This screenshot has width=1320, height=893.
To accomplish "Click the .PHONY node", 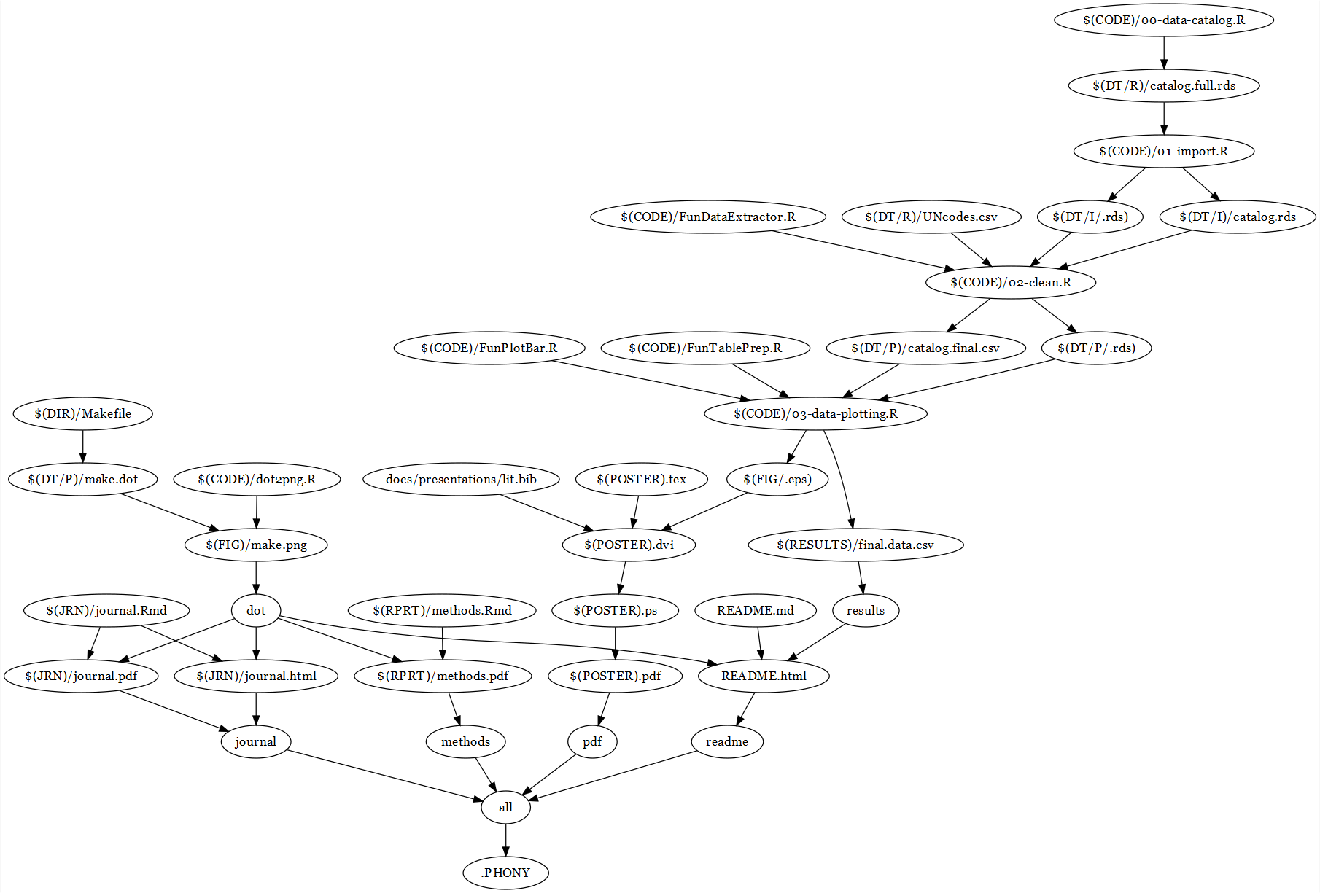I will coord(505,873).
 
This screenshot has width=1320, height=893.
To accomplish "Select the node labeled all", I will coord(505,807).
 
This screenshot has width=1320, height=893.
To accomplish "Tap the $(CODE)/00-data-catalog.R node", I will coord(1163,20).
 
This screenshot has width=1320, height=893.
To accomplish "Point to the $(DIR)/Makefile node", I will coord(82,413).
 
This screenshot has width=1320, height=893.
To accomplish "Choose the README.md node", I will coord(755,610).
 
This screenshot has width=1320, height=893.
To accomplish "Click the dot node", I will coord(256,610).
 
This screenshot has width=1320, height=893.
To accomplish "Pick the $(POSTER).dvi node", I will coord(629,545).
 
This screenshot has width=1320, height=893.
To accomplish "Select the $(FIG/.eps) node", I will coord(777,479).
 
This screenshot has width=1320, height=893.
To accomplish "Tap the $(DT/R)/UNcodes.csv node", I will coord(931,217).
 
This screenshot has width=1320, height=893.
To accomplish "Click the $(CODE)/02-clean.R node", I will coord(1010,282).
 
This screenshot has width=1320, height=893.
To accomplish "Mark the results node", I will coord(865,610).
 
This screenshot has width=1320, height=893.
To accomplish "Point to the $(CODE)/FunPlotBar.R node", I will coord(489,348).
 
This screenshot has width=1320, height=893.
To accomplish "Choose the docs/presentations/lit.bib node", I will coord(461,479).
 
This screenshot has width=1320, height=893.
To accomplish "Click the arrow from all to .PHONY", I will coord(505,840).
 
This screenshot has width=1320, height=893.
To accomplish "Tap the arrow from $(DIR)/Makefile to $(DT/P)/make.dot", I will coord(82,446).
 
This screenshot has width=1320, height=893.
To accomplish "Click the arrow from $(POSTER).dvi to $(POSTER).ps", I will coord(621,577).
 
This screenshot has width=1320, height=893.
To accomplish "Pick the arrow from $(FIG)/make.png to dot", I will coord(256,577).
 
